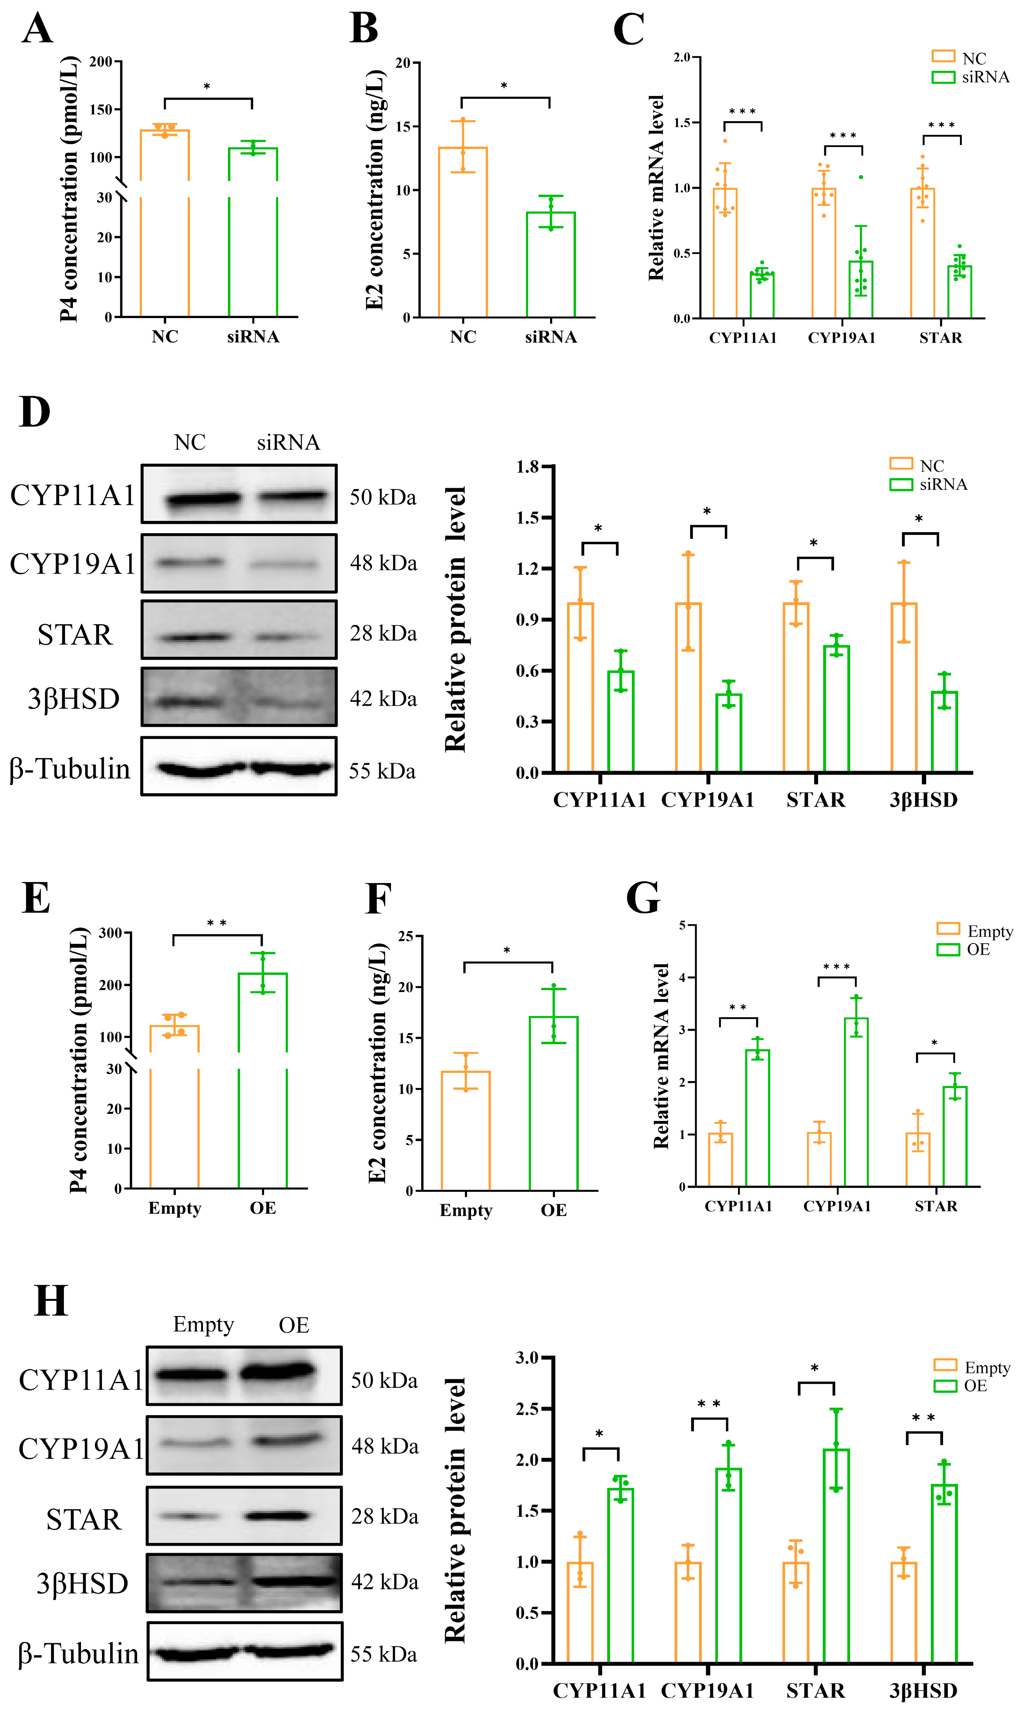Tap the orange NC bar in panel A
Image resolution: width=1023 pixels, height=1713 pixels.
(165, 228)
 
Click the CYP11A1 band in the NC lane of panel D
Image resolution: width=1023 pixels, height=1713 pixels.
(203, 498)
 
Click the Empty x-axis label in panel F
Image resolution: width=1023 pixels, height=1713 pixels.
(465, 1210)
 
